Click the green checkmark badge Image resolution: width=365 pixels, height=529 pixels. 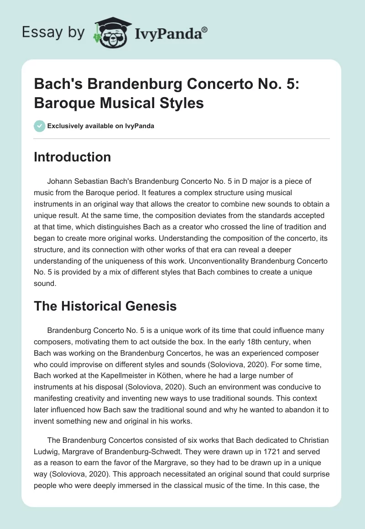39,126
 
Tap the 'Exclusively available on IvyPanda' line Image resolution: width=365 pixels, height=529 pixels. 101,126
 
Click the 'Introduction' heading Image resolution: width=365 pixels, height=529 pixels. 73,157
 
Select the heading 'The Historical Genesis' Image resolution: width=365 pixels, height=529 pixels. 105,306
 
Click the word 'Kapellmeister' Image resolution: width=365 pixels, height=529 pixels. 130,377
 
